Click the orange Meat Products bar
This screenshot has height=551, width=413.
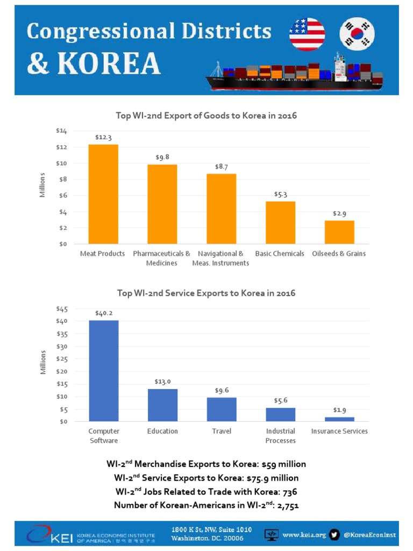103,194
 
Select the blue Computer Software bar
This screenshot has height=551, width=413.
104,371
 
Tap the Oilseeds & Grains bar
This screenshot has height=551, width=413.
339,232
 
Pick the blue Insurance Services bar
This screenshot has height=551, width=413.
339,419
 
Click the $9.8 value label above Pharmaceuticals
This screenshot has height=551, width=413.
162,157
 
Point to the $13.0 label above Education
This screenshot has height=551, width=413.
162,382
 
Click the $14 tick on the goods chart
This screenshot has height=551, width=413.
61,131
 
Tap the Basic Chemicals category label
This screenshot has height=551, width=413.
280,253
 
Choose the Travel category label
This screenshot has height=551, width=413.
222,431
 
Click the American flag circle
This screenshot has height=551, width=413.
307,34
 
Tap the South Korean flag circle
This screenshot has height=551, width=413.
357,34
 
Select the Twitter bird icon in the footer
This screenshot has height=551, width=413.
334,534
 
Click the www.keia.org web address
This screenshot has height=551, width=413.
304,535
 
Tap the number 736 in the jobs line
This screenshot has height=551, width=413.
290,492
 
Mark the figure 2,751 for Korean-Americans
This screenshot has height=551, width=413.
288,505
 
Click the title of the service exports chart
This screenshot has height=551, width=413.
206,293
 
